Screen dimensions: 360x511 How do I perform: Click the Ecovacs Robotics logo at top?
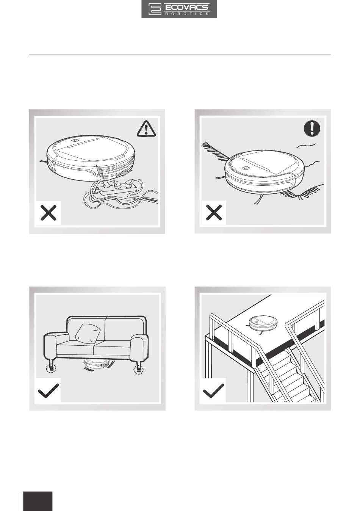(x=179, y=9)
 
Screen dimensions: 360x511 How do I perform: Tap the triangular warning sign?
(x=146, y=129)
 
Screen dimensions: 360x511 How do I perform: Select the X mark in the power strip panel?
(x=49, y=213)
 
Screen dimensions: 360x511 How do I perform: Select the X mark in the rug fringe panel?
(x=214, y=212)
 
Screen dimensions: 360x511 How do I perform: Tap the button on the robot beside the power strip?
(x=74, y=141)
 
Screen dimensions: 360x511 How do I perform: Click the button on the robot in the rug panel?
(x=246, y=168)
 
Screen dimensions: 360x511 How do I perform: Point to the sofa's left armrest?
(x=56, y=349)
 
